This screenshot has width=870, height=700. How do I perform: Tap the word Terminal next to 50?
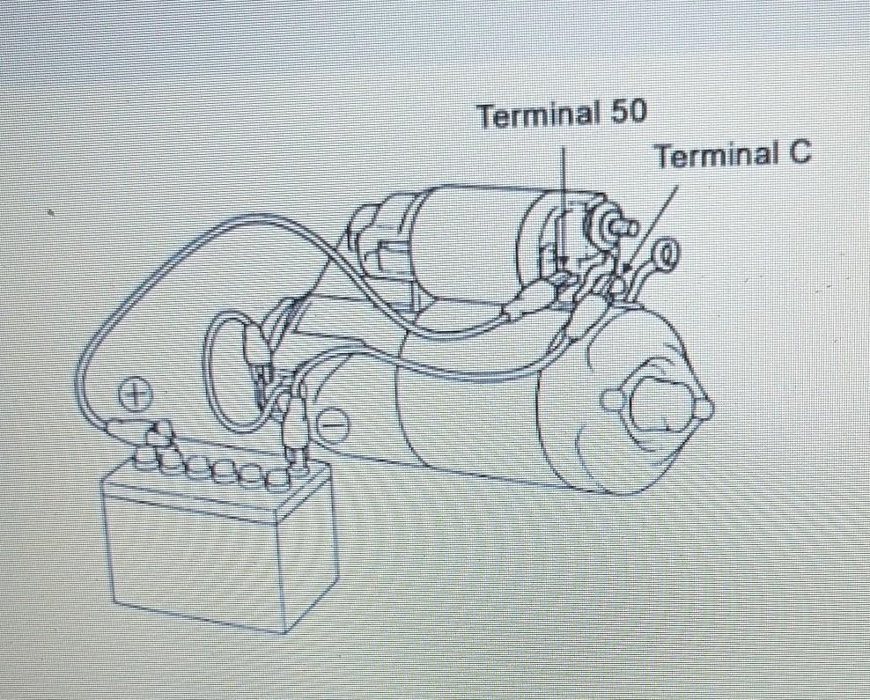[x=539, y=114]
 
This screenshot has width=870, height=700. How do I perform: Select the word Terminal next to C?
[x=717, y=155]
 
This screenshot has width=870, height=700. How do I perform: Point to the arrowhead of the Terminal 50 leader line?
[x=563, y=265]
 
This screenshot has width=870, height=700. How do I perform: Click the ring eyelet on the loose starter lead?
[x=666, y=254]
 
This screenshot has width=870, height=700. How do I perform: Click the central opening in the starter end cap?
[x=657, y=404]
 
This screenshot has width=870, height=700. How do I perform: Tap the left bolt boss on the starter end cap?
[x=610, y=400]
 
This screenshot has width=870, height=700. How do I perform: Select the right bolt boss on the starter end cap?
[x=705, y=409]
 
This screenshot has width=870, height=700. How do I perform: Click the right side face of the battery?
[x=312, y=547]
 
